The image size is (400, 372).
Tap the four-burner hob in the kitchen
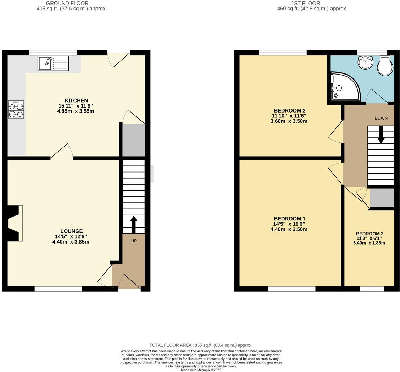coord(16,110)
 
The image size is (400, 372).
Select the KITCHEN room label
coord(76,101)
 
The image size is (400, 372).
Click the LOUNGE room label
coord(71,231)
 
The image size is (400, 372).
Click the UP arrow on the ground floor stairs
coord(134,224)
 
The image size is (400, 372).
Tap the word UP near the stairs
coord(134,241)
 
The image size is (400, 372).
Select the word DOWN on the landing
coord(381,119)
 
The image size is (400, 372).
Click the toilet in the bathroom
coord(385,66)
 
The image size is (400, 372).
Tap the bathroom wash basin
coord(365,62)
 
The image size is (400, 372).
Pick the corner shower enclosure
coord(343,87)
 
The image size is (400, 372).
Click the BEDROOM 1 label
coord(289,219)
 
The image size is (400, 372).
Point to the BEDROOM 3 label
coord(370,234)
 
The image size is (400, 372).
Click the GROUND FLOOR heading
coord(72,3)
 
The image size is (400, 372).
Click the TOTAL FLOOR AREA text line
coord(201,345)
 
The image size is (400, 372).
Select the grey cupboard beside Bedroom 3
coord(382,198)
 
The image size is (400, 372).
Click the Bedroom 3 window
coord(372,289)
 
